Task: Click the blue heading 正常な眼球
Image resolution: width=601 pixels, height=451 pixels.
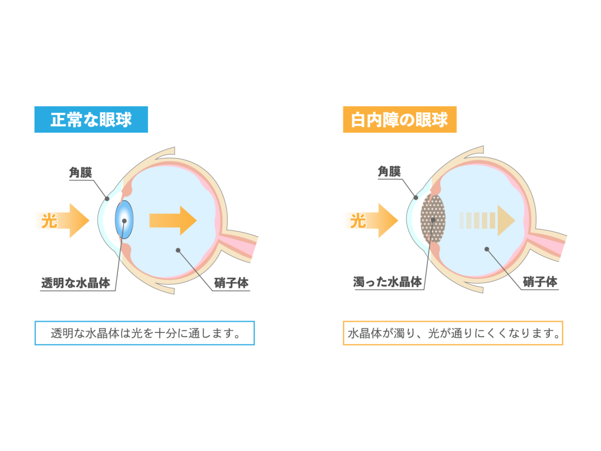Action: tap(91, 120)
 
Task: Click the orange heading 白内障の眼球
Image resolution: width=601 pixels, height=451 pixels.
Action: tap(399, 120)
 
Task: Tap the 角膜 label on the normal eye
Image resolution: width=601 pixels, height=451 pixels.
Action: tap(80, 173)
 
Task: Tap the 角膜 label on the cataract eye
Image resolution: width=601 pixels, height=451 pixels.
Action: tap(389, 171)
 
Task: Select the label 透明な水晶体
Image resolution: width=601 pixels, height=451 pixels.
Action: tap(76, 283)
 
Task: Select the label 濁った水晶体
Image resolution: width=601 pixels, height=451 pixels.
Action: tap(387, 282)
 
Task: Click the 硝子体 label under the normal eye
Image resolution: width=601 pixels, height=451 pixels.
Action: tap(231, 283)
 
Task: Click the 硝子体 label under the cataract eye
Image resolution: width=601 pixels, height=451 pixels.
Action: tap(540, 282)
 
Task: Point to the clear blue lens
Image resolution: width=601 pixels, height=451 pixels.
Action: tap(124, 220)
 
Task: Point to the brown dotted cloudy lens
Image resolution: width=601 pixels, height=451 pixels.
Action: tap(433, 219)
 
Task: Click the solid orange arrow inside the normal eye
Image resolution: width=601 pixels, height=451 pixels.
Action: tap(173, 221)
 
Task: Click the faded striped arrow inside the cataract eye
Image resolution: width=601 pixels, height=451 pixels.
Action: tap(487, 221)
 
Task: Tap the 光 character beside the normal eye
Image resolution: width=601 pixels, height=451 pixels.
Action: tap(49, 221)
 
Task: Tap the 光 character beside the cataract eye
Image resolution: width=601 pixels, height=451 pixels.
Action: tap(358, 221)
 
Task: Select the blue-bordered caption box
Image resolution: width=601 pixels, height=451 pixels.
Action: tap(144, 333)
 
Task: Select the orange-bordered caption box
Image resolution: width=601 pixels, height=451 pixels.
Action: tap(453, 333)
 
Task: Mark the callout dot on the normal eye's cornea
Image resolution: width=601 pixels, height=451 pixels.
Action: tap(107, 198)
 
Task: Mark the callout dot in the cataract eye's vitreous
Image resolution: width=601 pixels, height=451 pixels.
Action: tap(487, 249)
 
